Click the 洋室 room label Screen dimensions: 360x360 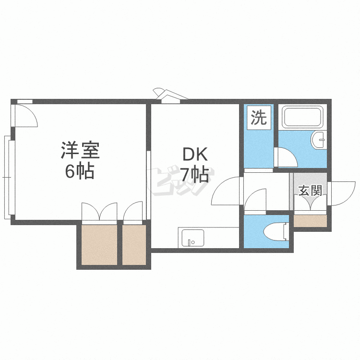pyautogui.click(x=80, y=151)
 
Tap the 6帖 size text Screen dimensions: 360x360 pyautogui.click(x=80, y=171)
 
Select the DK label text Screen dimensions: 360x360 pyautogui.click(x=194, y=155)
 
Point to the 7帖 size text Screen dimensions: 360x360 pyautogui.click(x=194, y=174)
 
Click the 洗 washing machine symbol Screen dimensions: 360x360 pyautogui.click(x=259, y=118)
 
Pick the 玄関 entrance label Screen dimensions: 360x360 pyautogui.click(x=310, y=191)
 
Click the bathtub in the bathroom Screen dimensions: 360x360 pyautogui.click(x=302, y=117)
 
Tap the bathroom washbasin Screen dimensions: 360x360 pyautogui.click(x=318, y=140)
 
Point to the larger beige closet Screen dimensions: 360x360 pyautogui.click(x=99, y=244)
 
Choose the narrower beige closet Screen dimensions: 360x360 pyautogui.click(x=134, y=244)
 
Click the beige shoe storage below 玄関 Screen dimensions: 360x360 pyautogui.click(x=310, y=221)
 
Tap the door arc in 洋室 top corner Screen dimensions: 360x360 pyautogui.click(x=26, y=115)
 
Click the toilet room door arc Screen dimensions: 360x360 pyautogui.click(x=255, y=200)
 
